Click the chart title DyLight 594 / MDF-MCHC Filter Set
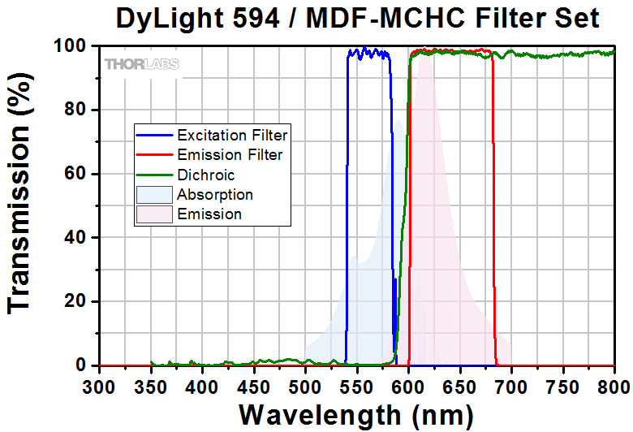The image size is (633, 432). [x=358, y=18]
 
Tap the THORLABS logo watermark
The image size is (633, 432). [x=141, y=63]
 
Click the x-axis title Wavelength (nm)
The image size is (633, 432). [x=356, y=414]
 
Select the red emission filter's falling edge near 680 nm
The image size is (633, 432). [x=493, y=244]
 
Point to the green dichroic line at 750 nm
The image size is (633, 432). [x=562, y=55]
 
